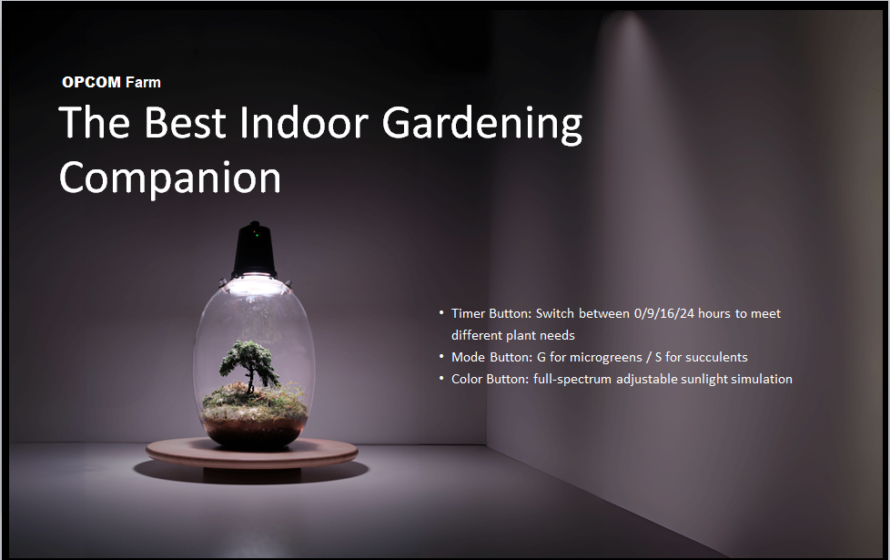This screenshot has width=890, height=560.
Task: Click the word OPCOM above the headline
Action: (91, 82)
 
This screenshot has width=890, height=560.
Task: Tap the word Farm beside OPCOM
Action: (143, 82)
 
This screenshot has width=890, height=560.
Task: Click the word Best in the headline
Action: (185, 122)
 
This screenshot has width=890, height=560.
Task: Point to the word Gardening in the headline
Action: (482, 125)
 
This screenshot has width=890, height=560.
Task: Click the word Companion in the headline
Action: (169, 178)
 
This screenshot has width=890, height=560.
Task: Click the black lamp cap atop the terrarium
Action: (255, 249)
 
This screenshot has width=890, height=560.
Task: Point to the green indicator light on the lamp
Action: (256, 233)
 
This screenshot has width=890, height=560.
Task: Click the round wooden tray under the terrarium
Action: (252, 454)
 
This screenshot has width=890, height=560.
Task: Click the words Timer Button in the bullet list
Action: (491, 313)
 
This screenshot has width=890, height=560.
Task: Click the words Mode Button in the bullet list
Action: (491, 357)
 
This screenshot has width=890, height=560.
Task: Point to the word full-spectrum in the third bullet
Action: (572, 380)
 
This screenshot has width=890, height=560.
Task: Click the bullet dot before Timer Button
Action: (441, 313)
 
